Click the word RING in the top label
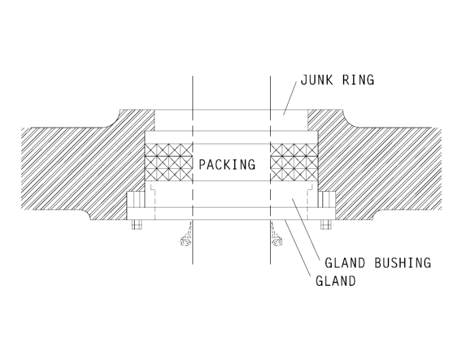[358, 81]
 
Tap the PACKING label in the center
[227, 164]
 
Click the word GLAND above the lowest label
[341, 263]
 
